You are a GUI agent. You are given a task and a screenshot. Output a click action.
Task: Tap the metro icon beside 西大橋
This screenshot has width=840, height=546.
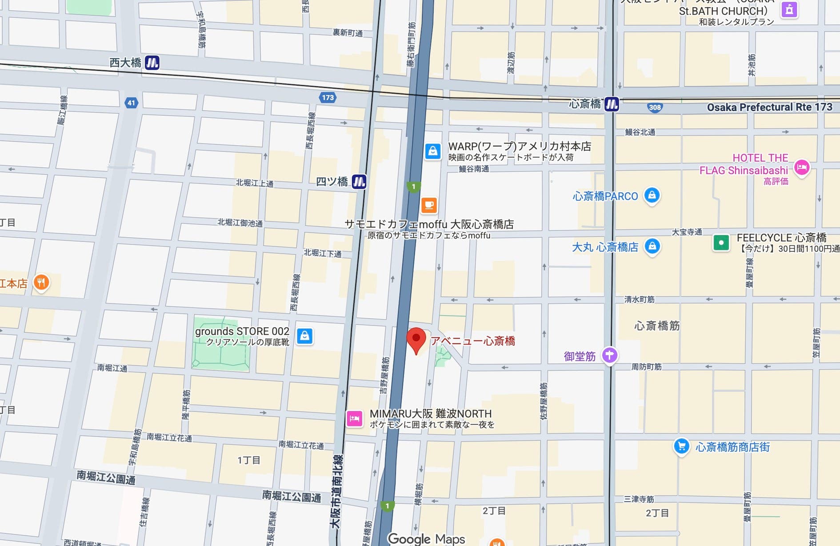click(x=152, y=63)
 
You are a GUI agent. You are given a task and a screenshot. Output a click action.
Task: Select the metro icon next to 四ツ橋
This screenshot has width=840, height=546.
click(x=359, y=181)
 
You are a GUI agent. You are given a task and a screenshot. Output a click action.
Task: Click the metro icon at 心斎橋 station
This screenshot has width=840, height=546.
click(x=612, y=104)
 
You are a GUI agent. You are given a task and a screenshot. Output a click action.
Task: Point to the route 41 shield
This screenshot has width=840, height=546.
click(x=131, y=103)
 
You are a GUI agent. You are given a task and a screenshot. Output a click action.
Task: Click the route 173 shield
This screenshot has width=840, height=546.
click(x=328, y=97)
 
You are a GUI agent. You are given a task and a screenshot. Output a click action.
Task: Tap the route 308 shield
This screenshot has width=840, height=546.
click(x=655, y=107)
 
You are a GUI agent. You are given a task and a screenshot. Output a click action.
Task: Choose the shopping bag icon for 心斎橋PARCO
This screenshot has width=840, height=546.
click(x=652, y=195)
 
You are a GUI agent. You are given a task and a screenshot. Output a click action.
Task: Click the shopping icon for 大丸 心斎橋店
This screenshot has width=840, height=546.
click(x=652, y=246)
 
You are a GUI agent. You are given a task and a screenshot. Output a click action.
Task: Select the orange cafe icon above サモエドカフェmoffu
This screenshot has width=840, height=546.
click(x=429, y=205)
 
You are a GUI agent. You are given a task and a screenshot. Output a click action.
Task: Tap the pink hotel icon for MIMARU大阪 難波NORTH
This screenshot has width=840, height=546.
click(x=355, y=418)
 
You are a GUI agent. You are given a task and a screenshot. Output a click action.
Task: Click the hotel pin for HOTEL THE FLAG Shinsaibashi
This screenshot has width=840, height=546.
click(x=802, y=167)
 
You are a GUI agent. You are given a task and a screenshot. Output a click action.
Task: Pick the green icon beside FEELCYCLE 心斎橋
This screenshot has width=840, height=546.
click(x=721, y=243)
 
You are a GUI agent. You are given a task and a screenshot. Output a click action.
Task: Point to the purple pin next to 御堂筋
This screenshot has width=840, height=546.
click(x=610, y=355)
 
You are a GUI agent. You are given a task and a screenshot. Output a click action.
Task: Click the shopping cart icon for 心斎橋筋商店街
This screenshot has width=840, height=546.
click(x=681, y=446)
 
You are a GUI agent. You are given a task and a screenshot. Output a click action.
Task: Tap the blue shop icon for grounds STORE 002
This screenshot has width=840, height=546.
click(x=304, y=336)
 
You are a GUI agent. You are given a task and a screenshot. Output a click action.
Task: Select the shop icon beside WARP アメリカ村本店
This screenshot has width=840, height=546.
click(x=432, y=151)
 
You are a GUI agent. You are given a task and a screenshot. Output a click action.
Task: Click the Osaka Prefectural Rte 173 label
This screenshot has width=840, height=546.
click(x=769, y=107)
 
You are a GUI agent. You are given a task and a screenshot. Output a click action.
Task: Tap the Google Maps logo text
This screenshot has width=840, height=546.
click(x=426, y=539)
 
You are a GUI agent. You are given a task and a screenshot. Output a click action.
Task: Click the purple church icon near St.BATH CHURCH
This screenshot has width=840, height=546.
click(x=789, y=9)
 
